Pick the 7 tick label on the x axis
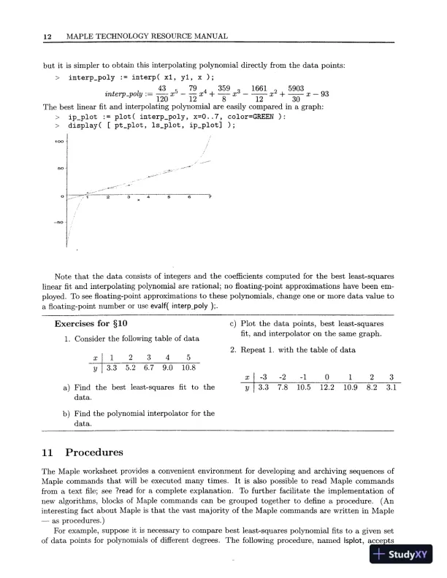[210, 199]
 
